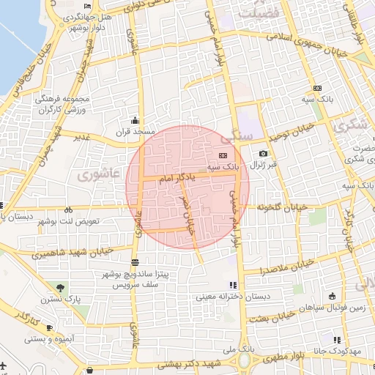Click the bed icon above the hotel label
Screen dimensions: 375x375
click(x=88, y=6)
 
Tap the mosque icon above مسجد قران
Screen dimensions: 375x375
click(x=134, y=120)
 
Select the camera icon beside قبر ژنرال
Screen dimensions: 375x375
click(x=263, y=154)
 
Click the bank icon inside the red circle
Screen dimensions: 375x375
click(x=223, y=155)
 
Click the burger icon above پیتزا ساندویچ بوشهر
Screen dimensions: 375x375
click(x=134, y=262)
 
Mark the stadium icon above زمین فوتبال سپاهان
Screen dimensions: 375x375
click(x=333, y=296)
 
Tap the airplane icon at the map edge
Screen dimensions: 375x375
click(x=3, y=364)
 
